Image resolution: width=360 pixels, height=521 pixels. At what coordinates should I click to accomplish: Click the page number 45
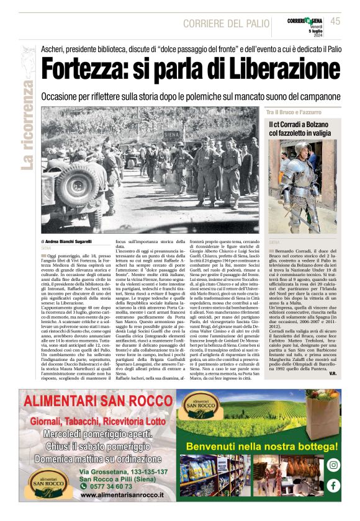tap(336, 21)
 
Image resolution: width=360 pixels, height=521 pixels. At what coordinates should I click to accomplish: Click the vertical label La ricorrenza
tap(27, 124)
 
